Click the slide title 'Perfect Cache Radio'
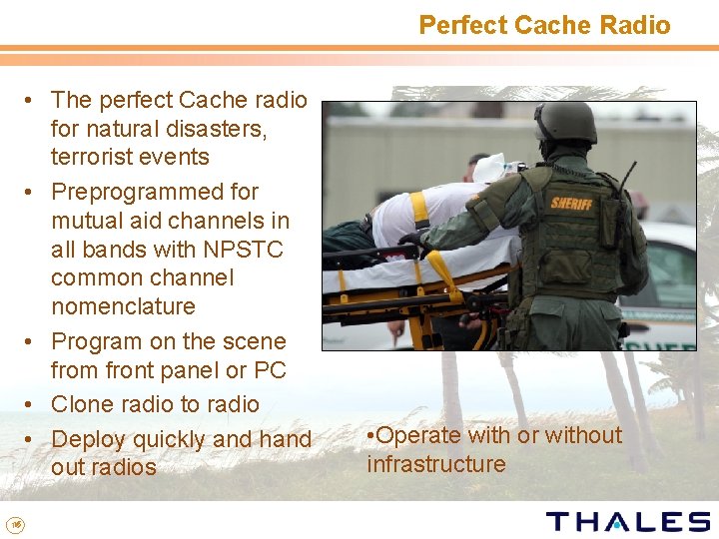click(x=544, y=25)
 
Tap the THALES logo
click(x=627, y=521)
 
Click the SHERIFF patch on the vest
click(x=571, y=204)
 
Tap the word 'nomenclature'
click(x=123, y=306)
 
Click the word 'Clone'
click(x=84, y=404)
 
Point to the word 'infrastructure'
click(x=436, y=464)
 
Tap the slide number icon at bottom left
click(x=14, y=522)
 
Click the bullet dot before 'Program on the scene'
click(x=32, y=341)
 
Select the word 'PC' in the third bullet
click(x=270, y=370)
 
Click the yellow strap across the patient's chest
click(x=420, y=209)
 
